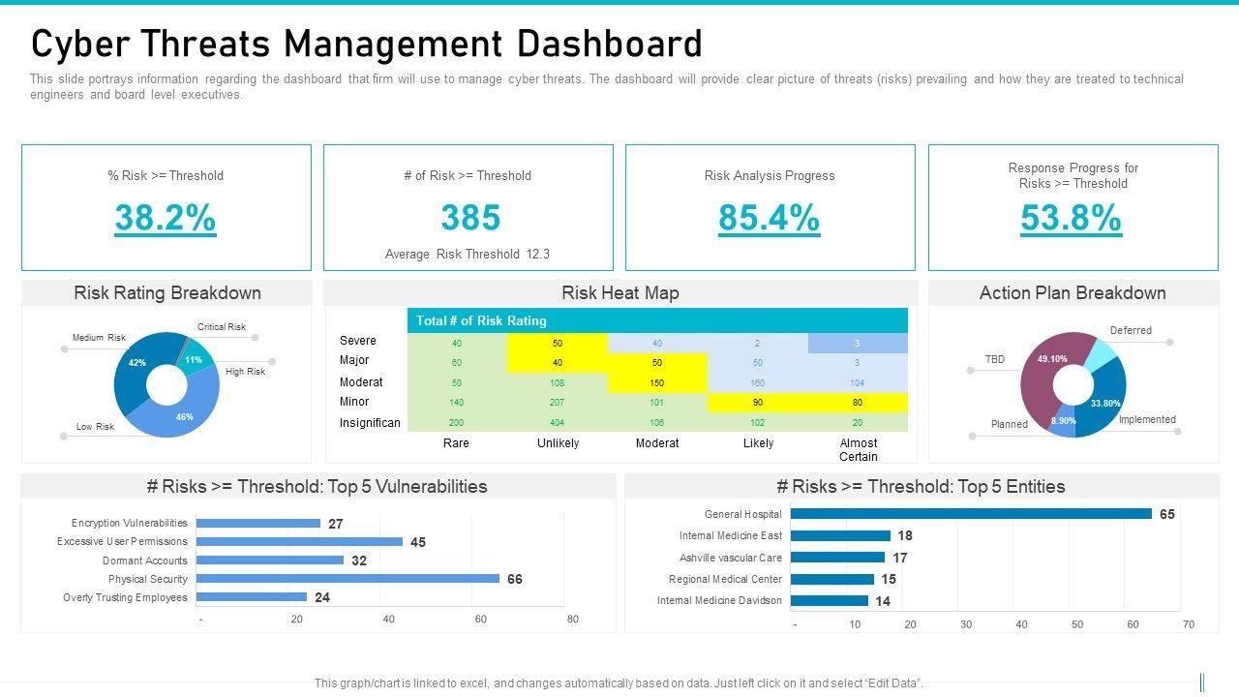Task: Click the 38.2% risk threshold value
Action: [166, 219]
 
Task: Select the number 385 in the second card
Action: [470, 219]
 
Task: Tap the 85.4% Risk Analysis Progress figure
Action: [769, 219]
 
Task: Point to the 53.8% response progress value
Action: [1071, 219]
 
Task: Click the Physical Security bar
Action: [348, 579]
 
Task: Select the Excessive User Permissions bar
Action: [300, 542]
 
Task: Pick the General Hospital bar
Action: [972, 514]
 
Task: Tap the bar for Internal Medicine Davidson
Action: [830, 601]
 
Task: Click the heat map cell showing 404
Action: [557, 423]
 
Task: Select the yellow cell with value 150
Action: [657, 383]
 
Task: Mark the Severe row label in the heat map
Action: [358, 341]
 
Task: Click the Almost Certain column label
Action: [858, 449]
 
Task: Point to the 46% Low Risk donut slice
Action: [179, 416]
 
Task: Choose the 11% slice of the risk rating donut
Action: [196, 356]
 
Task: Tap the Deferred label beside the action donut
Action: [1131, 331]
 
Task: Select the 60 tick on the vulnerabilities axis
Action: [481, 620]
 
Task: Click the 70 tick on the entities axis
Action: [1189, 625]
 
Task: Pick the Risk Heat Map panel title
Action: [620, 293]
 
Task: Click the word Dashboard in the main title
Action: [613, 45]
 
